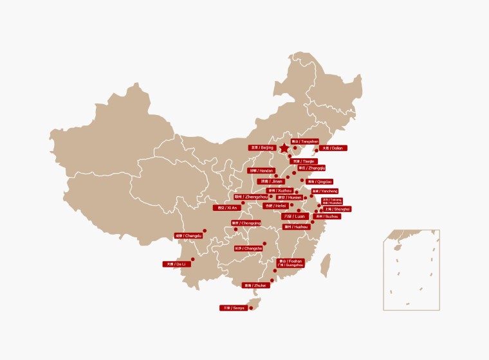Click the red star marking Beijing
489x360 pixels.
click(284, 148)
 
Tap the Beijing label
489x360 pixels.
click(262, 148)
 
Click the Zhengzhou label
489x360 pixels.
click(250, 197)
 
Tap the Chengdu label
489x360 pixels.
click(189, 236)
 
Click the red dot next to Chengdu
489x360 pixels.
click(205, 230)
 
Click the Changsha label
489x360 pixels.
click(248, 248)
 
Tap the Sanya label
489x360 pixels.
click(234, 308)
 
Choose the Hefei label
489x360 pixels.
click(275, 206)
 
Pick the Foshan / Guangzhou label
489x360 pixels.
click(290, 262)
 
